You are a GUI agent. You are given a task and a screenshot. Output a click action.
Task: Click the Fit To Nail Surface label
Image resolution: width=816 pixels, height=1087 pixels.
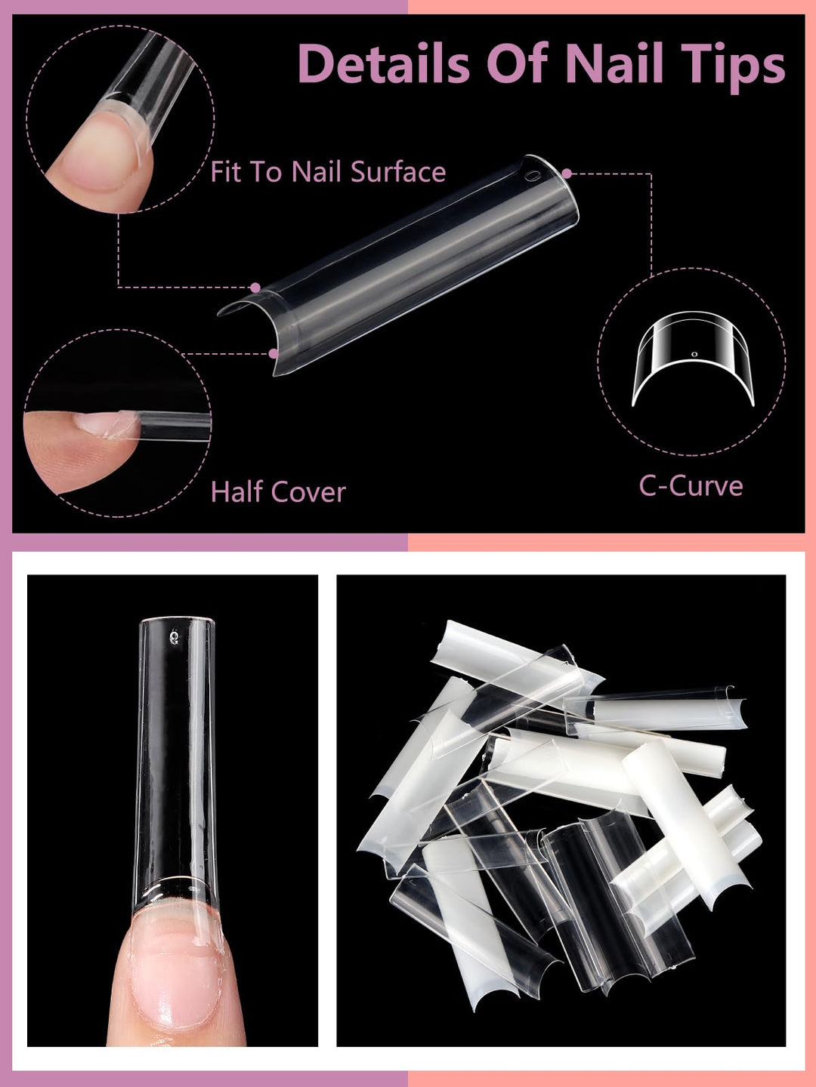328,172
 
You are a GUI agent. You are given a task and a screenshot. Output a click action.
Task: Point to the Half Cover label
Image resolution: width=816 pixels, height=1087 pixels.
278,492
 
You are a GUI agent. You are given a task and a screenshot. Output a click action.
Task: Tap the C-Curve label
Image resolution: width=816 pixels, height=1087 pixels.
691,486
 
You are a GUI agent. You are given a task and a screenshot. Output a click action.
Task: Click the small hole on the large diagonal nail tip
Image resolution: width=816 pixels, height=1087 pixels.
534,177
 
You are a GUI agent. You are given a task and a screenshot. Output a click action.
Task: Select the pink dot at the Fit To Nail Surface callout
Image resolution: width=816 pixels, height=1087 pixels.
255,288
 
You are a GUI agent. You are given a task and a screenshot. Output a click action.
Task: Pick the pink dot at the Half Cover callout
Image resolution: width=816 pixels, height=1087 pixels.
274,353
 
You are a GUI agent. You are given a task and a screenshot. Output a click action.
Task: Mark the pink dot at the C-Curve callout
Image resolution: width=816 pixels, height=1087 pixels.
567,174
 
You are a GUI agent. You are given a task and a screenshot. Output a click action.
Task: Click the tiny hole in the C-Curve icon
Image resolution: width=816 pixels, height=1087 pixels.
694,354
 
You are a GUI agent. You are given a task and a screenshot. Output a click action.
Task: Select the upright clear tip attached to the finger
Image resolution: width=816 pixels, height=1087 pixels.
176,755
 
